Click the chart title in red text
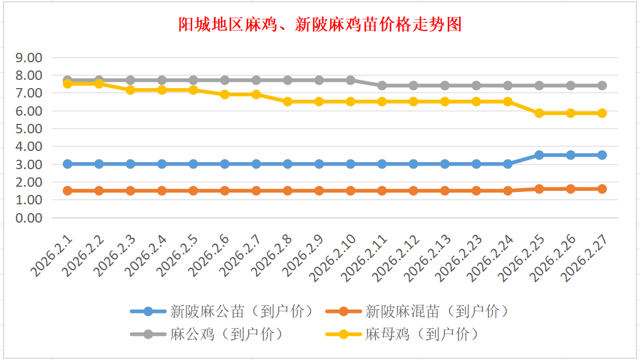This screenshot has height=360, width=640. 320,24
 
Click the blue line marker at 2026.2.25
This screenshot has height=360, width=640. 539,155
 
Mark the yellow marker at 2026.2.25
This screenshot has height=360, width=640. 539,113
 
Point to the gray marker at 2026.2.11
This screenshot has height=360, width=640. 382,86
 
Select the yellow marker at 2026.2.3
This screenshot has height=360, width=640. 130,90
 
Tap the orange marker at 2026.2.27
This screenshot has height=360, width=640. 602,189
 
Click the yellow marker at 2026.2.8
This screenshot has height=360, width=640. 287,102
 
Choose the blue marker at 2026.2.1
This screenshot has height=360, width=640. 68,164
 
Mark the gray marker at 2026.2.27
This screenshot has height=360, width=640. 602,86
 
